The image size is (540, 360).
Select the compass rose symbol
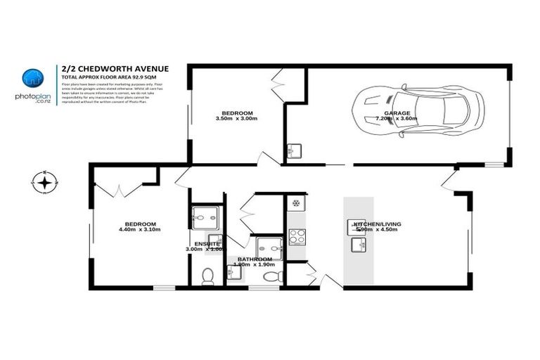click(44, 183)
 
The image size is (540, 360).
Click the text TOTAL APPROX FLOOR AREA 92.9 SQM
click(108, 76)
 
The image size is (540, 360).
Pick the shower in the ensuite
click(206, 218)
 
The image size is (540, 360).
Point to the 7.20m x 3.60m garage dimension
click(397, 119)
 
